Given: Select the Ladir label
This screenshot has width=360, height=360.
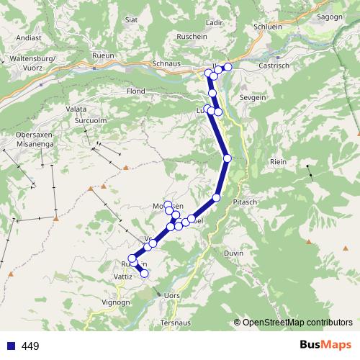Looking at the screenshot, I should (215, 22).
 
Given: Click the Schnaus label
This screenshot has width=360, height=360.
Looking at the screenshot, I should (166, 63).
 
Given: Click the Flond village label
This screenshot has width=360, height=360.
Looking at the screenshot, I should (136, 92).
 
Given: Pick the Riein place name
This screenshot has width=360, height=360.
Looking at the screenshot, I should (277, 161).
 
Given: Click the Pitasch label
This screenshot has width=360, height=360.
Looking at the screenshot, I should (246, 202).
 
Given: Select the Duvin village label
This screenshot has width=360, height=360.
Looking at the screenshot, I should (234, 253).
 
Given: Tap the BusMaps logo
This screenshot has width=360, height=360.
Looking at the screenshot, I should (325, 346).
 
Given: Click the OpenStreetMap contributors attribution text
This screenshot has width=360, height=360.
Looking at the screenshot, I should (297, 323).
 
